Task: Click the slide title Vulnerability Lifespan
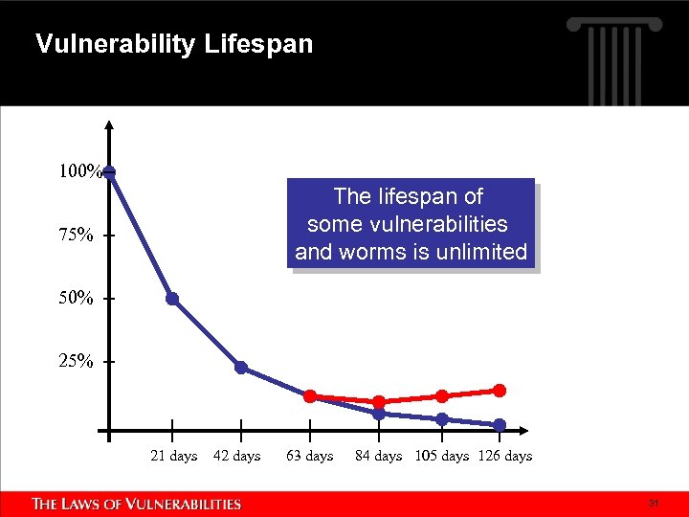pos(173,44)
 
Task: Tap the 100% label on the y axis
pos(79,172)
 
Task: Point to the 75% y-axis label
pos(77,236)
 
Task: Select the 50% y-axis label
pos(77,299)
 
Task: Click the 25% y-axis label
pos(77,362)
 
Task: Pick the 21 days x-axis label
pos(174,456)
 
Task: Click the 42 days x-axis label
pos(237,456)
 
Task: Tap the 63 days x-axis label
pos(310,456)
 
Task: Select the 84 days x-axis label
pos(379,456)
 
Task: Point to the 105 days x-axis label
pos(442,456)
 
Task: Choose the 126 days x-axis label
pos(505,456)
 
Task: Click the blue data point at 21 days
pos(172,299)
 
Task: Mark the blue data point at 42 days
pos(241,368)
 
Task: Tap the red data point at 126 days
pos(500,390)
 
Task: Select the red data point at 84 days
pos(379,402)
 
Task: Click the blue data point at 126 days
pos(500,425)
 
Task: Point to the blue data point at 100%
pos(110,172)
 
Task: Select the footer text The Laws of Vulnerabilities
pos(137,504)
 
